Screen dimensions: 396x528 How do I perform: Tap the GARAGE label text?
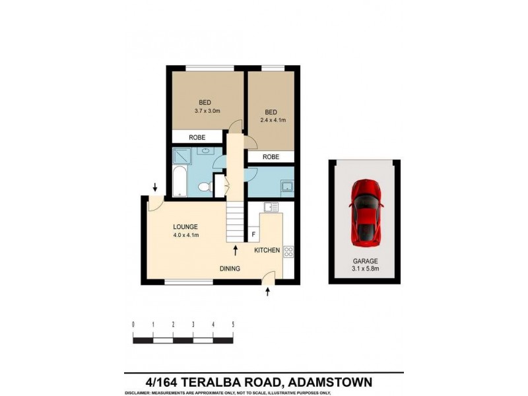coord(364,262)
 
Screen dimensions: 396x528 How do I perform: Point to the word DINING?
coord(230,269)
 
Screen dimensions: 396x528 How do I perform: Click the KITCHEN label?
coord(267,250)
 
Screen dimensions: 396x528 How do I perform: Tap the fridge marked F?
coord(253,234)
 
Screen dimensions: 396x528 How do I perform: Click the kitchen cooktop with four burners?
coord(288,251)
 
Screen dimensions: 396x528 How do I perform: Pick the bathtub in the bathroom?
coord(180,183)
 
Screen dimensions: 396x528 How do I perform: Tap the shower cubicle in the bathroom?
coord(181,156)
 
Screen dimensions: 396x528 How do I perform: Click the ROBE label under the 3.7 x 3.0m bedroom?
coord(197,137)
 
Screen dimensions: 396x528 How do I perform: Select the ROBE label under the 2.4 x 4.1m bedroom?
coord(270,157)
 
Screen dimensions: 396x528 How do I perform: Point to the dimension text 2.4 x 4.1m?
coord(271,121)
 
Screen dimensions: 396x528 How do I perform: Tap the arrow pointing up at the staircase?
coord(236,249)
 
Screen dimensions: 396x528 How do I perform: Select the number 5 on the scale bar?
coord(233,325)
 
